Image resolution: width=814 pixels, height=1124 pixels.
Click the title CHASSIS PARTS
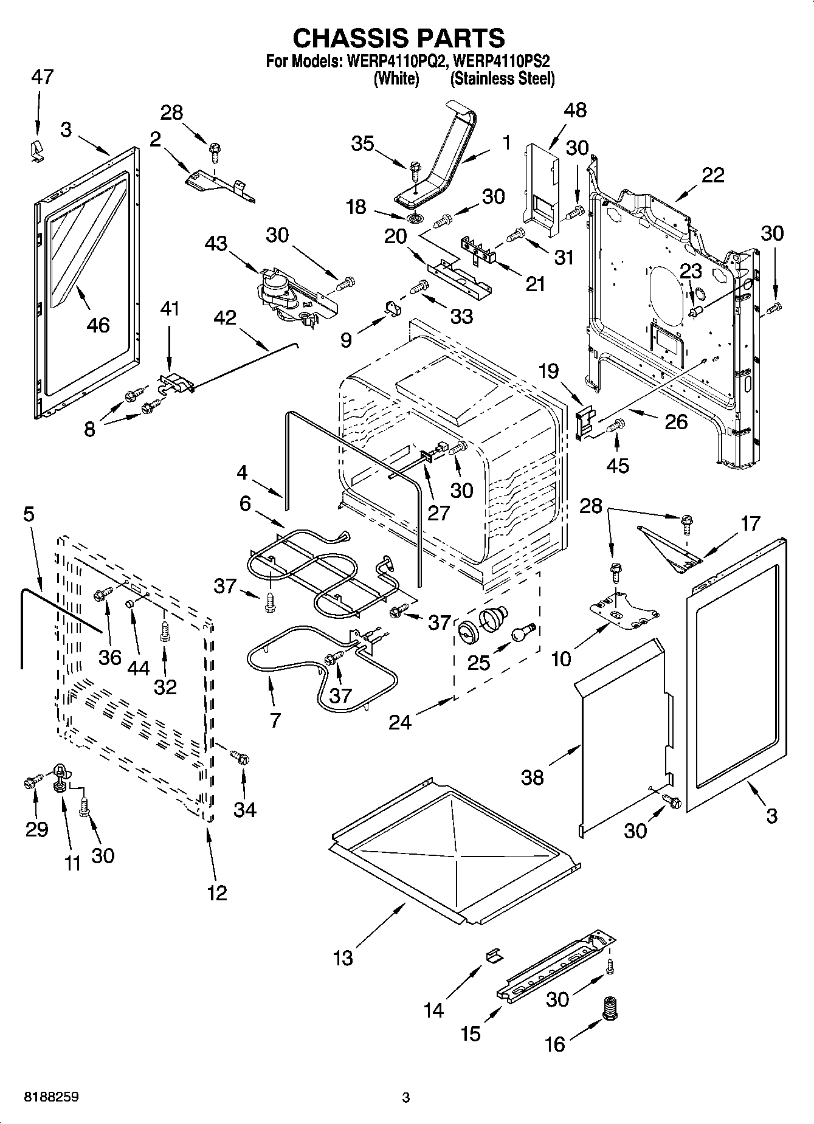tap(399, 38)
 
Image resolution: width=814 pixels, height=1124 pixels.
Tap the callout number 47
tap(42, 77)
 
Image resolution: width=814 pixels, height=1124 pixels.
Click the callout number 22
tap(712, 175)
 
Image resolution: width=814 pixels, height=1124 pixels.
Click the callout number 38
tap(533, 777)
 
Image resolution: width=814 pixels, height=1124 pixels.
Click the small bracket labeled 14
tap(494, 956)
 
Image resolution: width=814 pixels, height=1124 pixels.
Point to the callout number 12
tap(217, 892)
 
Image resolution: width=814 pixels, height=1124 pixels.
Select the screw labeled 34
tap(240, 757)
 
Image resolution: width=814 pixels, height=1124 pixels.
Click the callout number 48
tap(575, 110)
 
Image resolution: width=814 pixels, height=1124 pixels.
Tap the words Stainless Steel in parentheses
tap(502, 78)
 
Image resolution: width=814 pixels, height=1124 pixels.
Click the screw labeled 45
tap(617, 426)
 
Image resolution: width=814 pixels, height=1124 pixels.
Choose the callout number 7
tap(275, 720)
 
